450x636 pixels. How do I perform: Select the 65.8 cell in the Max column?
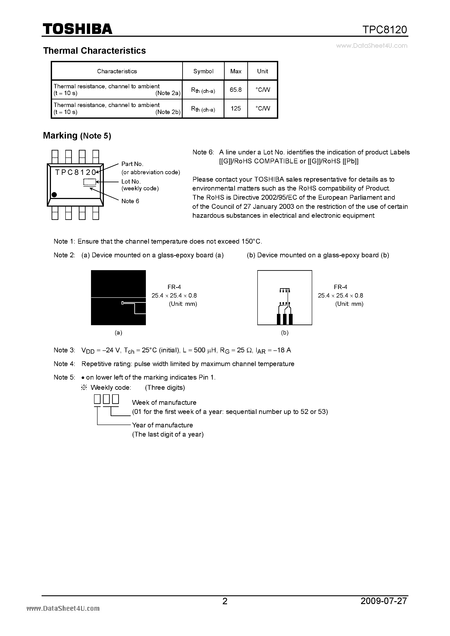236,90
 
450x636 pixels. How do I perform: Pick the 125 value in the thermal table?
236,109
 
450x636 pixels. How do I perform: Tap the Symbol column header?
203,71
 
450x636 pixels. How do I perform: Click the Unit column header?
262,71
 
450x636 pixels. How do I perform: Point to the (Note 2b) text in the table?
168,112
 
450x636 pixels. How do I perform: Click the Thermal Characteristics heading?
94,51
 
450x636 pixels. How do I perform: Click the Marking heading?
60,136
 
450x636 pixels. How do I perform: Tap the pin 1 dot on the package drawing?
54,195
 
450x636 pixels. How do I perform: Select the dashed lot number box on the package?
89,182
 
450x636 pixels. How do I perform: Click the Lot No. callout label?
131,181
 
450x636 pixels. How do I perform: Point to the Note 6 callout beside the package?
130,201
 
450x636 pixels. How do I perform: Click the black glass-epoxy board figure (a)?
118,298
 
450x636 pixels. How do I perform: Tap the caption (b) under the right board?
285,333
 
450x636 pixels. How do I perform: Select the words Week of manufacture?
164,402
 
